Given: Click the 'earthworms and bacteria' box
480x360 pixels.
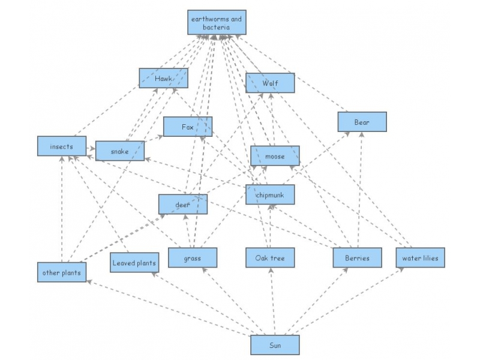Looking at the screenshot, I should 216,23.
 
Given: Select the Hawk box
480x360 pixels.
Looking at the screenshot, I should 163,79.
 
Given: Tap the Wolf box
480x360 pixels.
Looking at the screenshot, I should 270,83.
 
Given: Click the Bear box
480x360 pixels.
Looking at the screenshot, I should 362,122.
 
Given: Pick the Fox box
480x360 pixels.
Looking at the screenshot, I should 187,127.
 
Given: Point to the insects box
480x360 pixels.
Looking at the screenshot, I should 62,146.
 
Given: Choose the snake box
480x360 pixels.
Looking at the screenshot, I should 120,151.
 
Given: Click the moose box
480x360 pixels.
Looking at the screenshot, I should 275,156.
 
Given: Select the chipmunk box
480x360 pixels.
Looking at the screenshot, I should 270,194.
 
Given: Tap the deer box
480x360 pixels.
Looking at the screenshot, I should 183,204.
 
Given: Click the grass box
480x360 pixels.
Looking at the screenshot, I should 193,258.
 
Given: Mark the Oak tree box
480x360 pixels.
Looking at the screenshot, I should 270,258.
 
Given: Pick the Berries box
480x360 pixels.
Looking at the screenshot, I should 358,258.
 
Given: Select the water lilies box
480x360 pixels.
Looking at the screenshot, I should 420,258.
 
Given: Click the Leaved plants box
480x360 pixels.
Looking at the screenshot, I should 134,262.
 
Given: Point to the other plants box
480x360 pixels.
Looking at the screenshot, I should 62,272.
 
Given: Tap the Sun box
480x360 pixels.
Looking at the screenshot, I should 275,345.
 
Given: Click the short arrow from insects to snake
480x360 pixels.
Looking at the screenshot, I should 91,148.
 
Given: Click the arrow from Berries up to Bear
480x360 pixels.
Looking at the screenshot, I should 360,192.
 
